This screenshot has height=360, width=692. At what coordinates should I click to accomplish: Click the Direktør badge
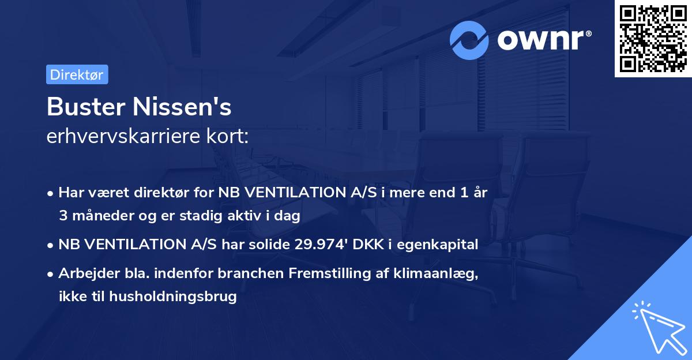coord(77,74)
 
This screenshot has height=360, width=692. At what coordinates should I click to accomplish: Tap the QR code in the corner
coord(653,39)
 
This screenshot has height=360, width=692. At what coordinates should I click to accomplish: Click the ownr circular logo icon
coord(469,40)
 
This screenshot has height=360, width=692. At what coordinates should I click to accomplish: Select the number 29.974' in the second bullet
coord(317,245)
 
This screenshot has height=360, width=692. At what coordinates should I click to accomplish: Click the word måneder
coord(102,216)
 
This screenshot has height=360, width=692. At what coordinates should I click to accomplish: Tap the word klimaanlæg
coord(439,273)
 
